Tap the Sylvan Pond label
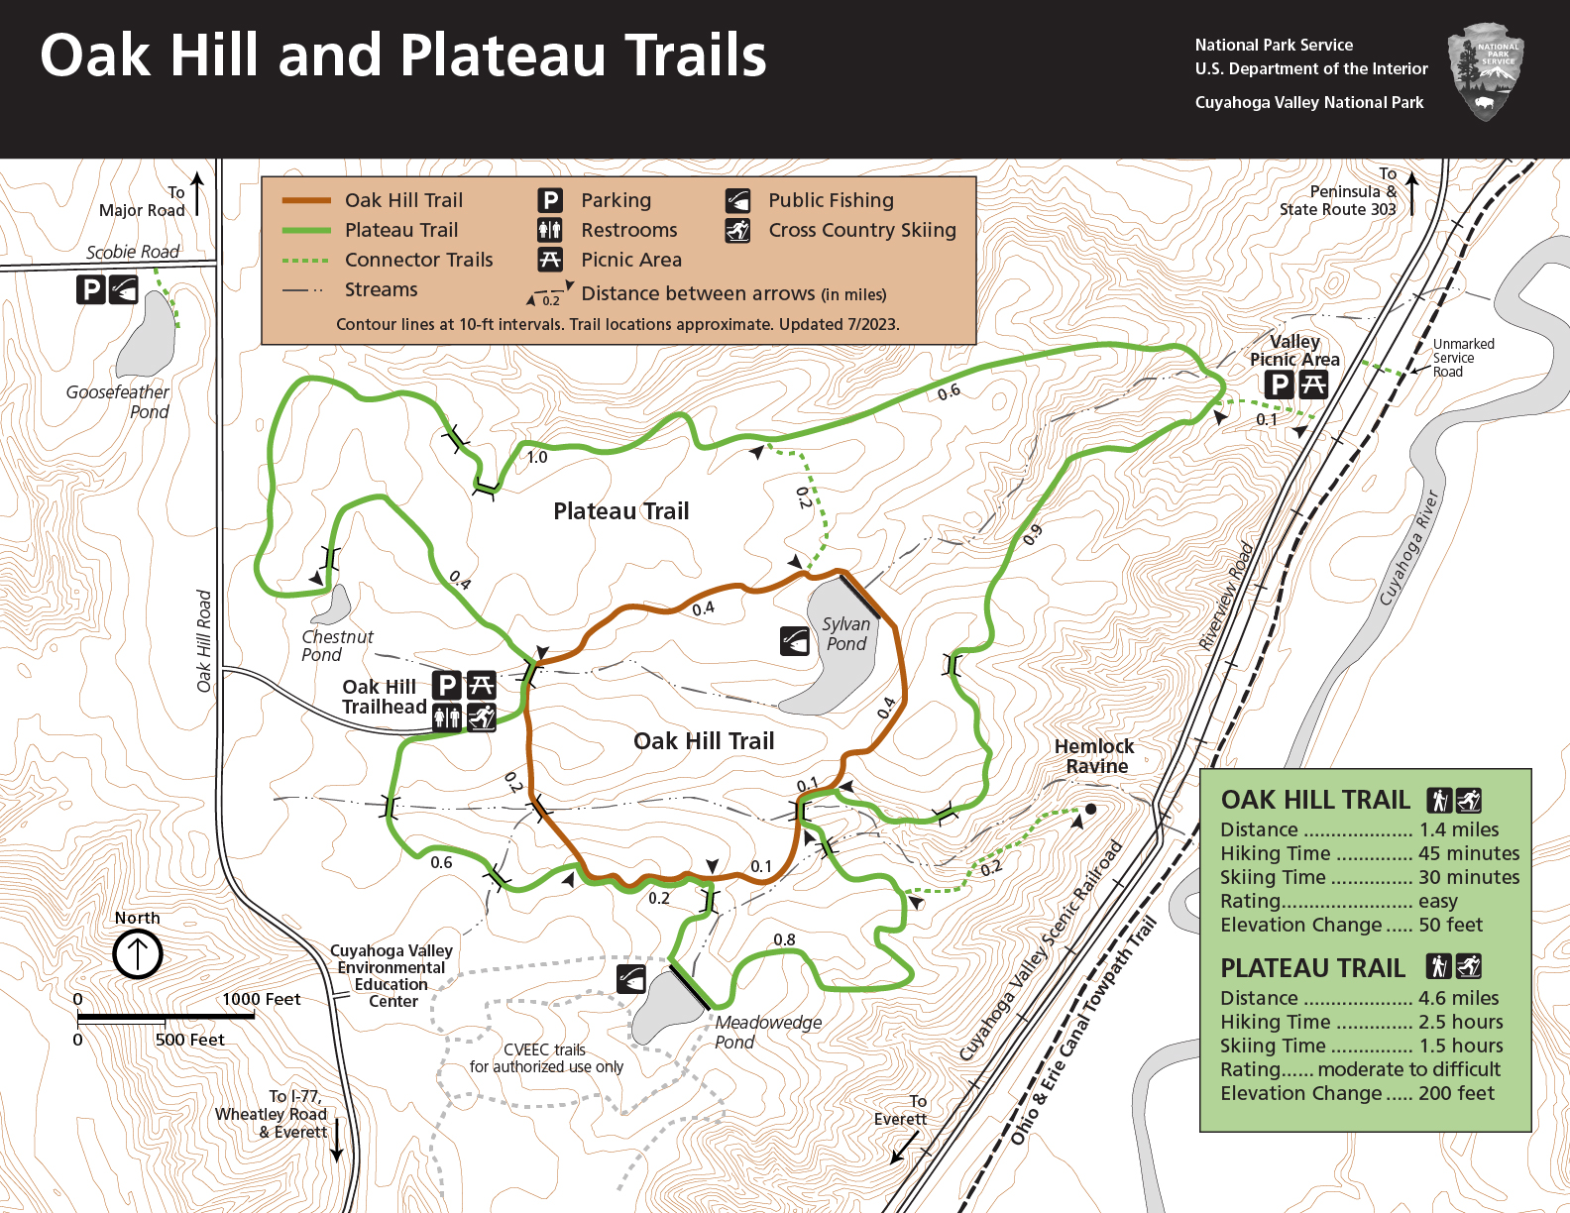point(846,634)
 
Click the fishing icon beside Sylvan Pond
point(795,641)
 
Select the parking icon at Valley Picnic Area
point(1280,385)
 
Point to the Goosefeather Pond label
point(118,401)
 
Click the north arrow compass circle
point(137,954)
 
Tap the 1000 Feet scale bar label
point(261,999)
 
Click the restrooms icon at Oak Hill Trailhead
point(448,717)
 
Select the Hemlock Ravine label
point(1094,756)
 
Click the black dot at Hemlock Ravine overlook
point(1090,809)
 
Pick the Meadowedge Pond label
point(768,1032)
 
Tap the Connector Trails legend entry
point(418,260)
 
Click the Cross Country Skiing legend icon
point(737,231)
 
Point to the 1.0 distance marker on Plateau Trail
point(536,457)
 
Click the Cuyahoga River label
point(1408,548)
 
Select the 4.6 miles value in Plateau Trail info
point(1458,998)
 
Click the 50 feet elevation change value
point(1450,925)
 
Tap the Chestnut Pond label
point(336,645)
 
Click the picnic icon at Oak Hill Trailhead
point(481,685)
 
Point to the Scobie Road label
point(133,252)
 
